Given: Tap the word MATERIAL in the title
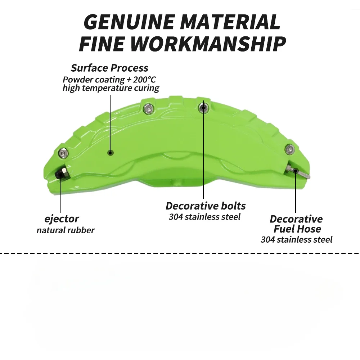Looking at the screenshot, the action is (x=230, y=22).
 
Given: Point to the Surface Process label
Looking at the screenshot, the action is (x=109, y=68).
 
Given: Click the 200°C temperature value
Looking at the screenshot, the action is (x=144, y=80).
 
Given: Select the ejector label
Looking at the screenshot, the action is (x=62, y=219).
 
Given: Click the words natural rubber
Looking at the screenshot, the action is (x=66, y=230).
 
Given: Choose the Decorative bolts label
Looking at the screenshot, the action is (x=206, y=206).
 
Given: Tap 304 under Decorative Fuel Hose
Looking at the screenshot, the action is (x=268, y=240).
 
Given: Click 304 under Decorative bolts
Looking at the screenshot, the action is (x=176, y=217).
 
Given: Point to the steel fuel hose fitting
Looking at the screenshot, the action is (x=298, y=171).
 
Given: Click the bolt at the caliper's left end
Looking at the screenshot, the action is (x=63, y=152).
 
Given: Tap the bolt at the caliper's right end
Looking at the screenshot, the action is (x=289, y=149).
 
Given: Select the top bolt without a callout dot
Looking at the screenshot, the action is (x=149, y=108).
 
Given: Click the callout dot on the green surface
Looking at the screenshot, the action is (x=111, y=153).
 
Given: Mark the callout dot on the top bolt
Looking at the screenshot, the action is (x=203, y=107).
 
